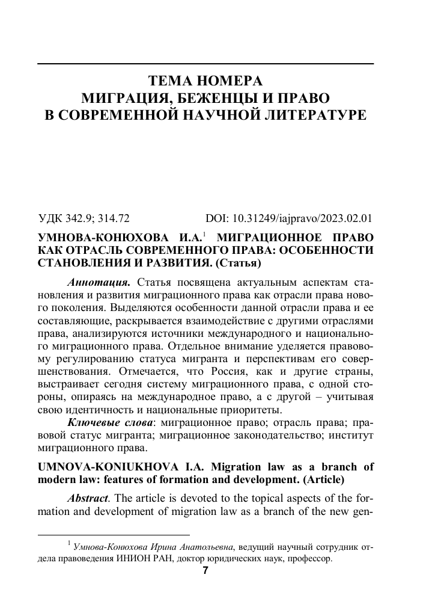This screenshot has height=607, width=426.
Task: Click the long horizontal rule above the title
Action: tap(205, 64)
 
